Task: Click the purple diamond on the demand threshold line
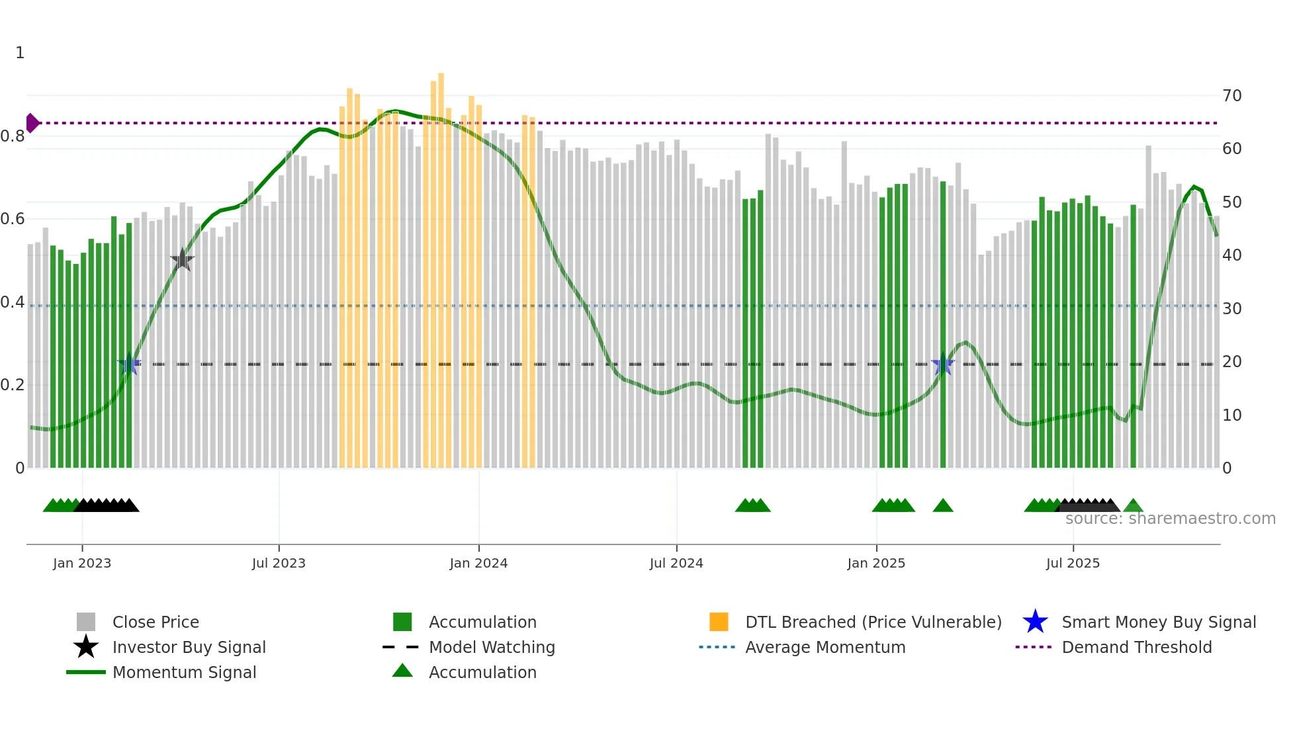[32, 123]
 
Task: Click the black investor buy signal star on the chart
[182, 260]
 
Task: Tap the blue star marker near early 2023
[130, 364]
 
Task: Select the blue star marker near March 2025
[942, 364]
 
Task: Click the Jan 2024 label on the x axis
[478, 563]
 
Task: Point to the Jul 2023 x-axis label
[279, 563]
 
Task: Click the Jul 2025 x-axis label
[1073, 563]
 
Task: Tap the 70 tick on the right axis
[1231, 96]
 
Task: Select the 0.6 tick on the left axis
[13, 219]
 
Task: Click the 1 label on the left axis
[20, 53]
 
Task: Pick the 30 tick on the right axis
[1231, 309]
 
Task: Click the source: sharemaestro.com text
[1170, 519]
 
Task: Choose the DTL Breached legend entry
[873, 622]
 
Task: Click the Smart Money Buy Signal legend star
[1035, 622]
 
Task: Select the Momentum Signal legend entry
[184, 672]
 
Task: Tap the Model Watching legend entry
[491, 647]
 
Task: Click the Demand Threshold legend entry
[1136, 647]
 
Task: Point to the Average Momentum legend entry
[825, 647]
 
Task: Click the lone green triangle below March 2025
[942, 506]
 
